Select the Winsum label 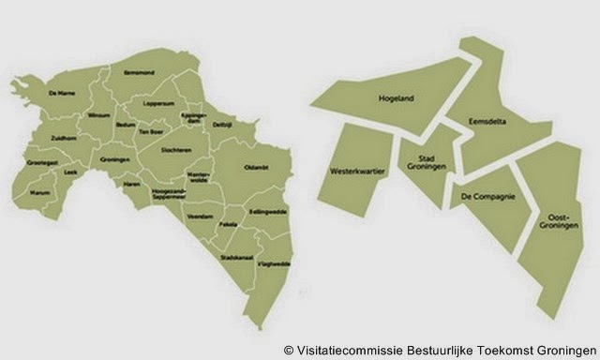99,115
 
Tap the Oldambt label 256,167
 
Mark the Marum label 39,194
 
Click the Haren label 130,184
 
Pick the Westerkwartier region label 352,172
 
